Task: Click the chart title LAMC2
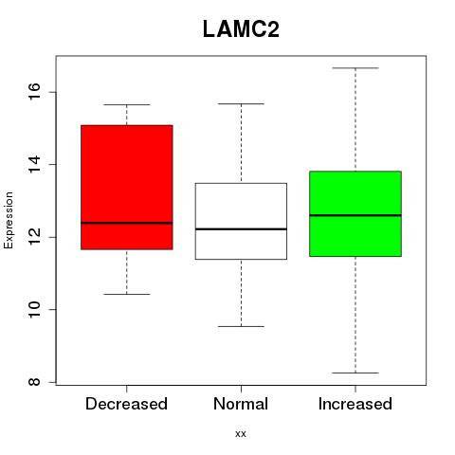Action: (241, 29)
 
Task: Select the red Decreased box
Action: (127, 188)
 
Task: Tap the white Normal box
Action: (241, 221)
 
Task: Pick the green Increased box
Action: (355, 213)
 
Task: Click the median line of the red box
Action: (127, 223)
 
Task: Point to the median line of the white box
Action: (241, 228)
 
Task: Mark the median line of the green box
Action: (355, 215)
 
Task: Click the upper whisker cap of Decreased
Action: (127, 104)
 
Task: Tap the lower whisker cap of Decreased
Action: (127, 294)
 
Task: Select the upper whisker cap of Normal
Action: (241, 103)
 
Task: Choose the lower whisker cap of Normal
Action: (241, 326)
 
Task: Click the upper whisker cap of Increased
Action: (355, 68)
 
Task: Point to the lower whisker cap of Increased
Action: (355, 373)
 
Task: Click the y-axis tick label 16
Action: (34, 92)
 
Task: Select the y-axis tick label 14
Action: (34, 164)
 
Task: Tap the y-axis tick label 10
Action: (34, 309)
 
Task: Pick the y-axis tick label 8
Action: (34, 382)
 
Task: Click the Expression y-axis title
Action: (9, 220)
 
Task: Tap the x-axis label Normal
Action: (241, 404)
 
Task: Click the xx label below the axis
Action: (241, 434)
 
